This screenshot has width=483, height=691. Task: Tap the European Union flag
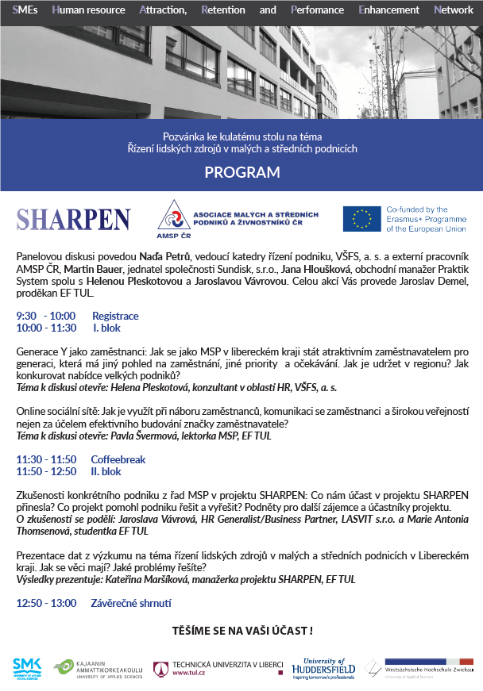pos(362,219)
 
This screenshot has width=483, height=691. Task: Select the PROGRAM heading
pos(241,172)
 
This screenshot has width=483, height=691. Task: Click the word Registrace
pos(115,315)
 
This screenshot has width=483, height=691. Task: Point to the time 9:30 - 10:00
pos(46,315)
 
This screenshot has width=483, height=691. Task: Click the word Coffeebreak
pos(118,459)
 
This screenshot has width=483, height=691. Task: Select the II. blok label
pos(106,471)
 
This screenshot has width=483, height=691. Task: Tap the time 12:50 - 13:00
pos(46,603)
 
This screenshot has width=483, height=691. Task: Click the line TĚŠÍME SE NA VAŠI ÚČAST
pos(241,631)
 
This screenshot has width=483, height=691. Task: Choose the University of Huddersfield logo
pos(323,669)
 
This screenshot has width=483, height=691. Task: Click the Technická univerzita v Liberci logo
pos(218,669)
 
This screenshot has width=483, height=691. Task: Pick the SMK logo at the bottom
pos(26,669)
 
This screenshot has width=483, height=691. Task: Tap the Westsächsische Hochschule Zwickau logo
pos(419,668)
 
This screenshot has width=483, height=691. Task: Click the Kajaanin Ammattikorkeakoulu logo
pos(99,669)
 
